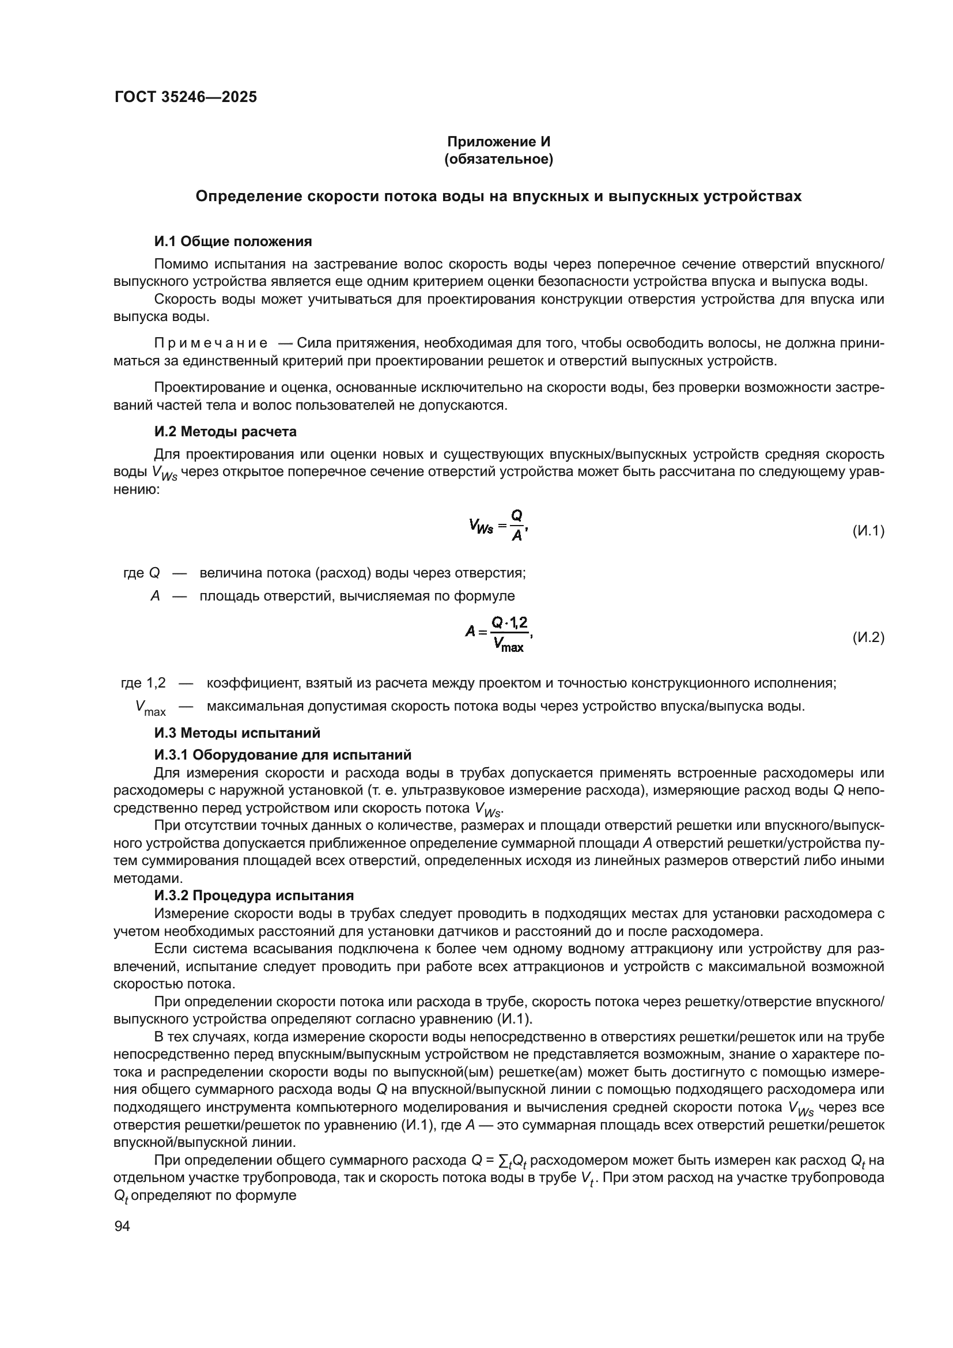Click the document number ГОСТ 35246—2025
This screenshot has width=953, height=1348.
186,97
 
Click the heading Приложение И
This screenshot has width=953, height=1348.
498,142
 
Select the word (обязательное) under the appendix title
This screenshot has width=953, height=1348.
498,160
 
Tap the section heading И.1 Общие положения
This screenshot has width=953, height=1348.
233,241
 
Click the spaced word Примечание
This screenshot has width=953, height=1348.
211,343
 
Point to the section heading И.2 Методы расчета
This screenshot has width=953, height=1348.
225,432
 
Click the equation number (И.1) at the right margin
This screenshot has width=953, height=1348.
867,531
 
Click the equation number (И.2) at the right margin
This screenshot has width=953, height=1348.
867,637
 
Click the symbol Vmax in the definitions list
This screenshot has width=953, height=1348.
151,708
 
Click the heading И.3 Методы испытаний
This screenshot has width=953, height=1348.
237,732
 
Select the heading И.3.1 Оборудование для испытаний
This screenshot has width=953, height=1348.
283,754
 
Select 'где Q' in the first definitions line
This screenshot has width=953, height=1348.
141,573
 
